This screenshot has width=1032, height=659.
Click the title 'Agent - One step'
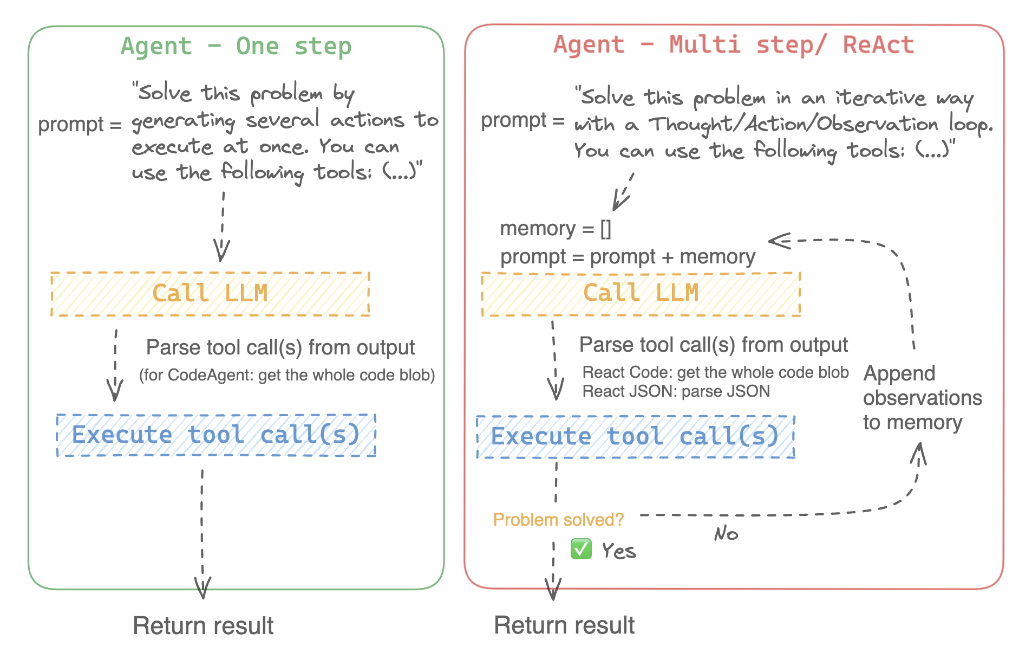point(236,46)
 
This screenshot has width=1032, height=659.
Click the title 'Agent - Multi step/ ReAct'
point(733,44)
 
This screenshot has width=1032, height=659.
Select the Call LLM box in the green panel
point(210,294)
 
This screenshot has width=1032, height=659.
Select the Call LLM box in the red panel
point(641,294)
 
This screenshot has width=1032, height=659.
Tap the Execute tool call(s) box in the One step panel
point(216,435)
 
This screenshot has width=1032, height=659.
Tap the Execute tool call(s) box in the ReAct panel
point(635,437)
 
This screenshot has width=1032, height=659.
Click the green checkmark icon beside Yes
point(581,549)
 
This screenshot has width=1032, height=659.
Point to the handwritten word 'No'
point(726,534)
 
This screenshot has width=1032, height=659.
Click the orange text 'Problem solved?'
point(558,520)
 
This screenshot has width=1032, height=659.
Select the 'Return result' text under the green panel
point(203,625)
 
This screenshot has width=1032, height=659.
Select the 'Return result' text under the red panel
point(564,625)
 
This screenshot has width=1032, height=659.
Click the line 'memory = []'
point(555,229)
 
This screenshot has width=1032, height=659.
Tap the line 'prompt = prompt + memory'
point(627,256)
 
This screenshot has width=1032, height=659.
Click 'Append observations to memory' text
point(922,398)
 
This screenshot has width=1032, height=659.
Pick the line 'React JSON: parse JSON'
point(676,391)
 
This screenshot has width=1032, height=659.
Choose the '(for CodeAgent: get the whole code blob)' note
point(287,375)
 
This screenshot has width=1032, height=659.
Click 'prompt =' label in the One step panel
point(80,124)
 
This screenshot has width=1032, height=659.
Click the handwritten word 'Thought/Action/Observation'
point(793,124)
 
